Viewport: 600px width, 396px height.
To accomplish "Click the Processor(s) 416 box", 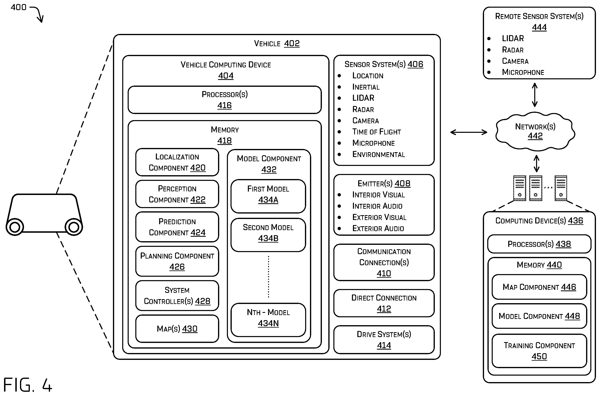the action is point(224,100).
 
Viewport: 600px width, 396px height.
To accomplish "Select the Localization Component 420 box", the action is point(177,162).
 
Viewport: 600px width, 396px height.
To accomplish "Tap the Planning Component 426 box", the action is point(177,261).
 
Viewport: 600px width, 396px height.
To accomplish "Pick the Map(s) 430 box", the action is point(177,329).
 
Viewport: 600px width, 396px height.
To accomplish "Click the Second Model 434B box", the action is point(268,235).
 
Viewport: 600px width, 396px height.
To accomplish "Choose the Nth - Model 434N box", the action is point(268,320).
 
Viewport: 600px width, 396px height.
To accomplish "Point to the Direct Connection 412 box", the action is point(384,303).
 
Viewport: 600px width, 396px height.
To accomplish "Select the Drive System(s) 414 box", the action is point(384,339).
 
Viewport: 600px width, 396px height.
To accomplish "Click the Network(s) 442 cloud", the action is point(535,131).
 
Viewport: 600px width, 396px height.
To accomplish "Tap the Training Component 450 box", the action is point(539,351).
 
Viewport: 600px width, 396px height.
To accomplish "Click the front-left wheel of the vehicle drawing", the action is point(15,227).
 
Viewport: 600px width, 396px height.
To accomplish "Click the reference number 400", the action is point(18,7).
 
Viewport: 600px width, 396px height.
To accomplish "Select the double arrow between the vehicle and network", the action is point(469,132).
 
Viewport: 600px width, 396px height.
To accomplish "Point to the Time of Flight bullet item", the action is point(377,132).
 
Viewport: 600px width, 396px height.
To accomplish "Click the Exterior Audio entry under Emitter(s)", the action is point(378,228).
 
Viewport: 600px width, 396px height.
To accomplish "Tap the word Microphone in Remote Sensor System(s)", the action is point(523,72).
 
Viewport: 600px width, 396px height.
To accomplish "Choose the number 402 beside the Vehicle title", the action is point(292,43).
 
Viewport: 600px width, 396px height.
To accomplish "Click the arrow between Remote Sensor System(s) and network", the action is point(535,95).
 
